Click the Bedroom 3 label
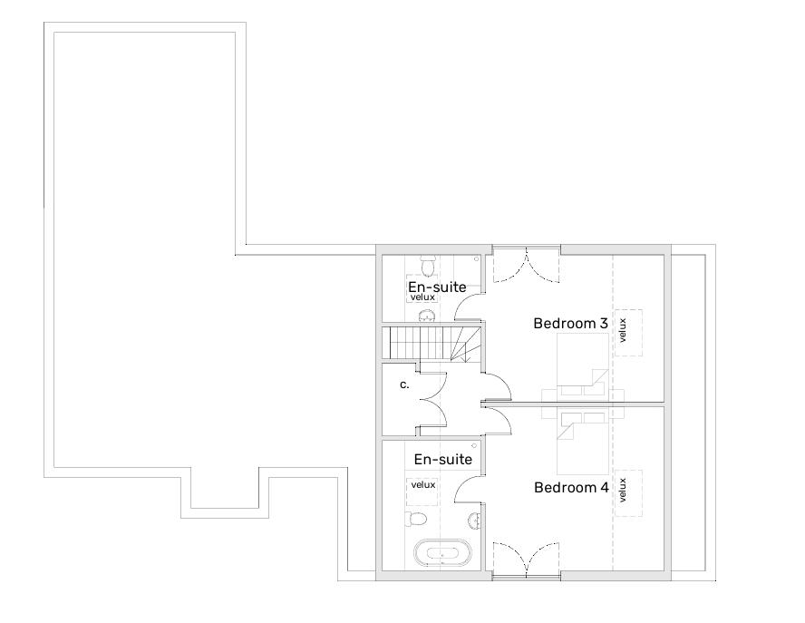point(570,324)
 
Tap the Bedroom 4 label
point(571,487)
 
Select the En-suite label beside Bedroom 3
point(437,287)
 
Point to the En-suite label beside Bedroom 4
point(443,459)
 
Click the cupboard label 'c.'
point(404,385)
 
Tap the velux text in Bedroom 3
point(623,330)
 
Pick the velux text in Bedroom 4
point(623,490)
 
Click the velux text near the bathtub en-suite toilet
point(423,484)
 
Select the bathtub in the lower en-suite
point(442,552)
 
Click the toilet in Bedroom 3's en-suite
point(427,266)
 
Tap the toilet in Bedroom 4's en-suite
point(416,519)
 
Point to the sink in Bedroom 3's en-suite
point(427,316)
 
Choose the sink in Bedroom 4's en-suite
point(475,521)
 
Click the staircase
point(432,343)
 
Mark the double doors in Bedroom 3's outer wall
point(527,265)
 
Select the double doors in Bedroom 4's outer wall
point(527,560)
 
